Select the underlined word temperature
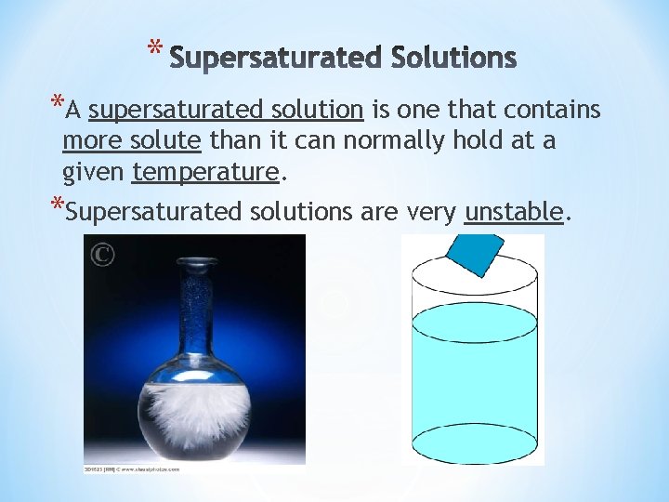pyautogui.click(x=205, y=172)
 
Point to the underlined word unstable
pyautogui.click(x=514, y=212)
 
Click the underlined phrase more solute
pyautogui.click(x=132, y=141)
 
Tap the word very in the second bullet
pyautogui.click(x=431, y=213)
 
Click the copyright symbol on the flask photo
pyautogui.click(x=102, y=254)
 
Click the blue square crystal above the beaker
pyautogui.click(x=475, y=253)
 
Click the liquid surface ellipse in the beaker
pyautogui.click(x=475, y=322)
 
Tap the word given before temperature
pyautogui.click(x=94, y=172)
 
